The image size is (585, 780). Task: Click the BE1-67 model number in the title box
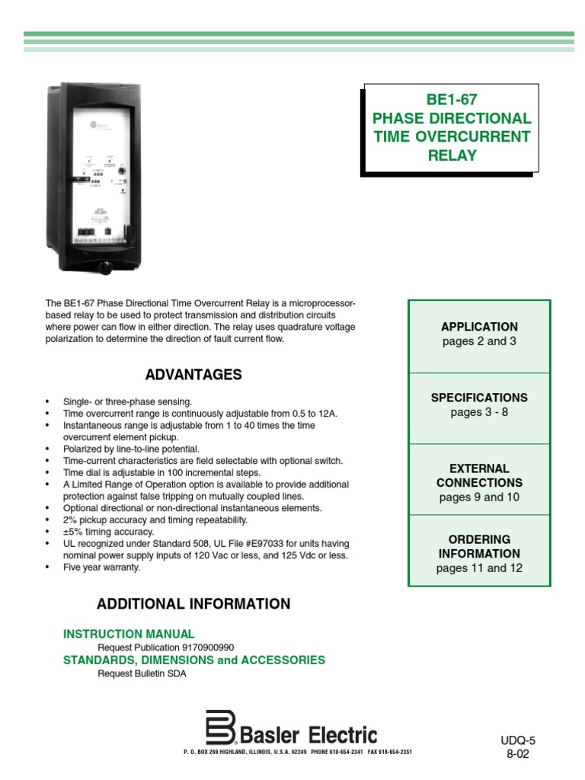point(452,99)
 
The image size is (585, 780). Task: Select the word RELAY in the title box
point(452,155)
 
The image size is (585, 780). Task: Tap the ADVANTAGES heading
point(193,375)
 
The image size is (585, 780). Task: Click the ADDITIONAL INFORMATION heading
point(193,604)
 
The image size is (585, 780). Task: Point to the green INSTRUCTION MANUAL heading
point(129,634)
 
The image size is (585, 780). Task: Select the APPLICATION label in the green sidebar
point(479,327)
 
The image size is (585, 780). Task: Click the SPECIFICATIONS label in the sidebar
point(479,398)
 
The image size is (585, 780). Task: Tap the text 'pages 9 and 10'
point(479,497)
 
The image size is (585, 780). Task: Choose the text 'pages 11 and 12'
point(479,568)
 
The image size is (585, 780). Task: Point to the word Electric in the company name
point(342,735)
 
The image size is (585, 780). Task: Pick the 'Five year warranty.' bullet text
point(103,567)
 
